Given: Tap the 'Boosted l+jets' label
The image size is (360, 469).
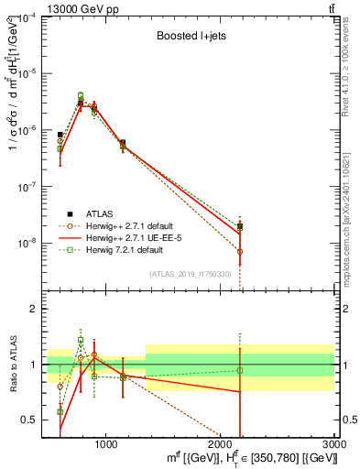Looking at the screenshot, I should click(x=188, y=38).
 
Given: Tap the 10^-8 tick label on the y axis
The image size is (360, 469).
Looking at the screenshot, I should click(x=28, y=243).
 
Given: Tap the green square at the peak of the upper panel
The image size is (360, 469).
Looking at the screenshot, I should click(x=81, y=95).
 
